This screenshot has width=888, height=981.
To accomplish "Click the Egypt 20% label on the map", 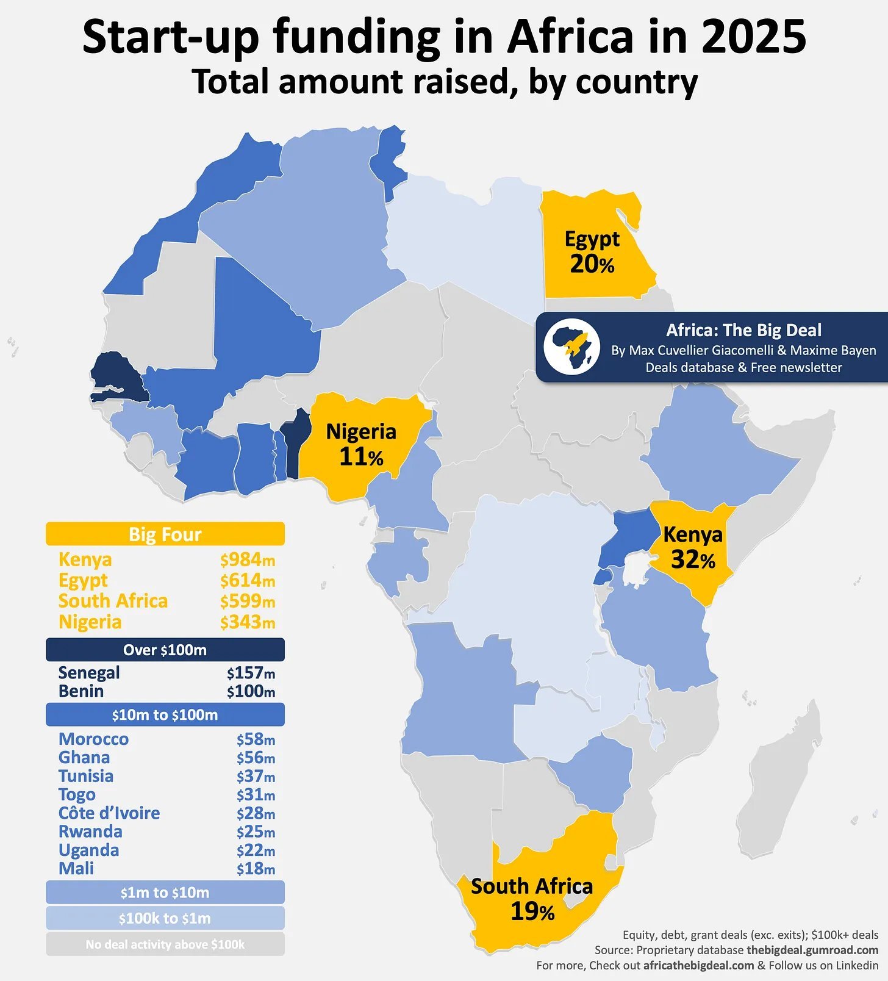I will (x=592, y=251).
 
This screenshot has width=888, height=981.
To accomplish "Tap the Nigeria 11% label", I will (x=361, y=444).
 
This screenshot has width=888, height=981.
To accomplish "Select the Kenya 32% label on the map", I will (x=693, y=547).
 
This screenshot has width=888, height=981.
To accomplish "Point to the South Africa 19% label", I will (x=532, y=898).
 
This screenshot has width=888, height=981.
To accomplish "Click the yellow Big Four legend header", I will (x=165, y=534).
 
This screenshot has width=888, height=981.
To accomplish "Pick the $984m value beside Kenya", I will (x=247, y=559).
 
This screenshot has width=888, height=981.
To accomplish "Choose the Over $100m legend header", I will (x=165, y=650).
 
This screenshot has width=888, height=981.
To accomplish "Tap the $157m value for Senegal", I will (x=251, y=673).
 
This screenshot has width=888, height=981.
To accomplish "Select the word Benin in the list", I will (x=81, y=691).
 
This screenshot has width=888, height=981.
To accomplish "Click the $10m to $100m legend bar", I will (x=165, y=714).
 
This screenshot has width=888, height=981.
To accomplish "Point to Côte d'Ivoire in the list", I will (x=109, y=813).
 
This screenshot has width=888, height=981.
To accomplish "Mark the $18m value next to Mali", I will (x=256, y=869).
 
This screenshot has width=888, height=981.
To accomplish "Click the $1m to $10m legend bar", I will (x=165, y=893).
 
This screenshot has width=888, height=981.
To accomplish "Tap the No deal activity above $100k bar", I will (x=165, y=944).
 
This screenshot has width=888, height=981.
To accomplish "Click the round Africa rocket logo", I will (x=571, y=347).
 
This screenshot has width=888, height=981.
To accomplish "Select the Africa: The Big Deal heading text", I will (x=743, y=330).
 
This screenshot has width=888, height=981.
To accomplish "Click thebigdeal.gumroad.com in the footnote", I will (x=812, y=950).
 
